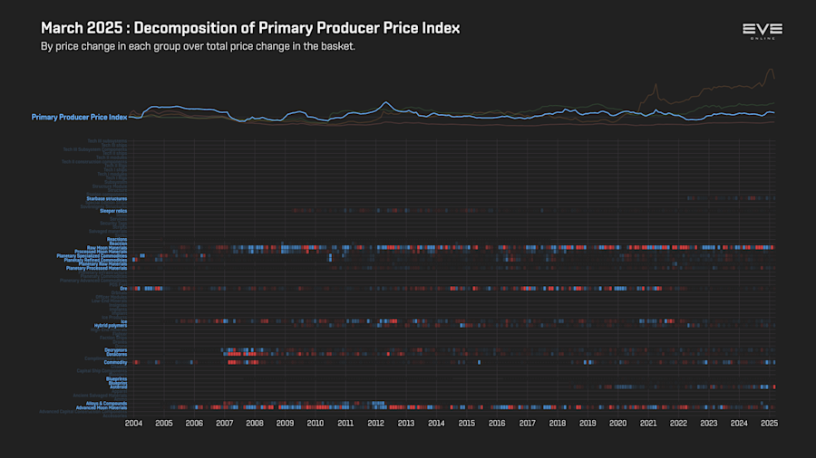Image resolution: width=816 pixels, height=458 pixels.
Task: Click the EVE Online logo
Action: point(762,32)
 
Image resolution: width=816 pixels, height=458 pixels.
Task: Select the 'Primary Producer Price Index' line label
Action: point(79,117)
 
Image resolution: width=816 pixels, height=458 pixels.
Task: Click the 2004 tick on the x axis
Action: point(133,423)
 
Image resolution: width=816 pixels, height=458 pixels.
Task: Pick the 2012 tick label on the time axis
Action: point(375,423)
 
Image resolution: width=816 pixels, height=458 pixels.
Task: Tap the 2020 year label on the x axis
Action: point(617,423)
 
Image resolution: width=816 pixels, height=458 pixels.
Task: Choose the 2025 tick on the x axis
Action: point(769,423)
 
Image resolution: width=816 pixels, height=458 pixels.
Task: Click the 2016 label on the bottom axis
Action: point(497,423)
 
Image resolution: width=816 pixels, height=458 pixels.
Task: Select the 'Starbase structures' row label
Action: point(107,198)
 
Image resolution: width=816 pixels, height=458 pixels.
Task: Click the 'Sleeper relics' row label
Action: point(113,211)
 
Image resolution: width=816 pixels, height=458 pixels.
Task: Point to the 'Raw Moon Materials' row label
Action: point(107,247)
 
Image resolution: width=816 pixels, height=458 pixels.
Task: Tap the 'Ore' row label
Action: point(123,289)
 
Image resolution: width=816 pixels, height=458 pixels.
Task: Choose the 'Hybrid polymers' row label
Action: point(111,325)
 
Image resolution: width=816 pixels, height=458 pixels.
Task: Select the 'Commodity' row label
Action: point(115,362)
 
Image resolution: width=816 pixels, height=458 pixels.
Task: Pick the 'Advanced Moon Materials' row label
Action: point(101,407)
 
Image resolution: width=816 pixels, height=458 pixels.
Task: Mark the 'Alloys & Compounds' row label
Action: point(106,403)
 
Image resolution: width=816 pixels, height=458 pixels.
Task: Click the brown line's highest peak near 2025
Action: point(770,70)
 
